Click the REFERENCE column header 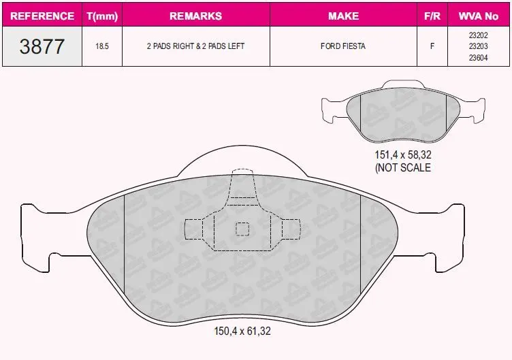(42, 16)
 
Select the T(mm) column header (102, 16)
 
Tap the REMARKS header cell (196, 16)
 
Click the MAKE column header (344, 16)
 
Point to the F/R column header (432, 16)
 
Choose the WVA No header (479, 16)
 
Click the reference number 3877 (42, 46)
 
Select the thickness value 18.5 (102, 46)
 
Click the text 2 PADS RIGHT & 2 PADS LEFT (195, 46)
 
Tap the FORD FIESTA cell (343, 46)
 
